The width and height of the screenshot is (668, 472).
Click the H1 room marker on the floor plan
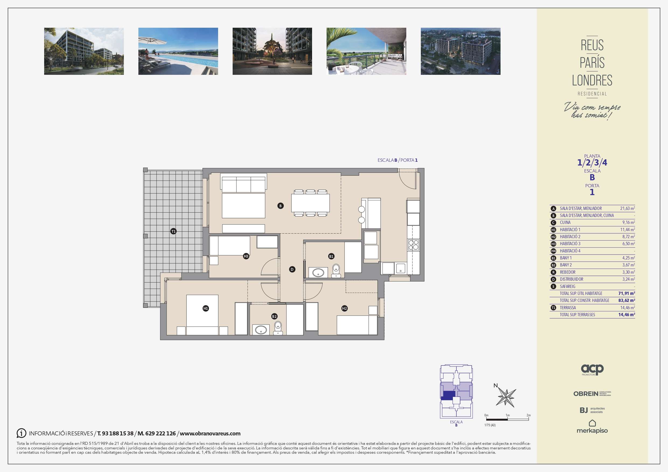pyautogui.click(x=206, y=308)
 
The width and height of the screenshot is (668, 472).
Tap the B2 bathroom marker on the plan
pyautogui.click(x=274, y=316)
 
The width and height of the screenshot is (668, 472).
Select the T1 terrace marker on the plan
pyautogui.click(x=173, y=231)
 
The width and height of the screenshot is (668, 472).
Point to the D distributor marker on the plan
pyautogui.click(x=292, y=270)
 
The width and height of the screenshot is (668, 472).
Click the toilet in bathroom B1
pyautogui.click(x=336, y=270)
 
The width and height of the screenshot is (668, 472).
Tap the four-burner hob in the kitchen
pyautogui.click(x=413, y=245)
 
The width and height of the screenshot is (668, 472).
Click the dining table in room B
pyautogui.click(x=310, y=203)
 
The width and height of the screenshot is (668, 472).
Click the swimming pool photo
pyautogui.click(x=178, y=51)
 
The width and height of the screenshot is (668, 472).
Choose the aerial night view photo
pyautogui.click(x=461, y=51)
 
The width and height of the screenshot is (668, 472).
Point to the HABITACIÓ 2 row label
pyautogui.click(x=570, y=237)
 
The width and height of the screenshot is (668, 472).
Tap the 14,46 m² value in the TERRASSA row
pyautogui.click(x=628, y=308)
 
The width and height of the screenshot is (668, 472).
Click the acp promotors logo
pyautogui.click(x=592, y=370)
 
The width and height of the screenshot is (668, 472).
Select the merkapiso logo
pyautogui.click(x=592, y=427)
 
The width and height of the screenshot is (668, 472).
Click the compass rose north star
pyautogui.click(x=506, y=397)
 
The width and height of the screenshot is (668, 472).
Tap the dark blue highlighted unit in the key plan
pyautogui.click(x=448, y=395)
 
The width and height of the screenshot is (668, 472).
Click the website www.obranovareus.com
pyautogui.click(x=210, y=433)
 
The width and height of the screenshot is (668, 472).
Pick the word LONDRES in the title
pyautogui.click(x=592, y=80)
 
